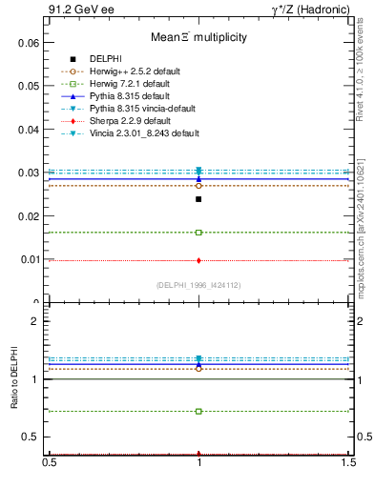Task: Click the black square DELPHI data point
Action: point(198,199)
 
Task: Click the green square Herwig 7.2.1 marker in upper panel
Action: point(198,233)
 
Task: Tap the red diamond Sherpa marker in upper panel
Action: point(198,260)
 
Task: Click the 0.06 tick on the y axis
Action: point(31,44)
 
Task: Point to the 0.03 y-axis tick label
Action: point(31,173)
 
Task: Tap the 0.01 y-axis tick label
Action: point(31,259)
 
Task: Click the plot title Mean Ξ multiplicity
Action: point(198,37)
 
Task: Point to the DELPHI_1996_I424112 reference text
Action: point(198,285)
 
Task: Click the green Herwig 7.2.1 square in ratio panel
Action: point(198,412)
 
